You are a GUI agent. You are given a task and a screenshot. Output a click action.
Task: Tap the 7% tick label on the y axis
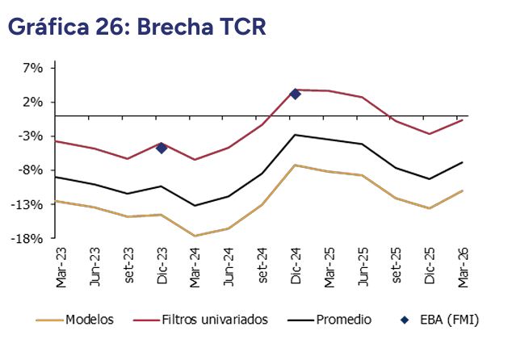(32, 68)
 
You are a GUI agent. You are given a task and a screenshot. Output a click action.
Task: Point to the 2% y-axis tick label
(32, 102)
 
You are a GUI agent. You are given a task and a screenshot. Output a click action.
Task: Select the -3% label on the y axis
(31, 136)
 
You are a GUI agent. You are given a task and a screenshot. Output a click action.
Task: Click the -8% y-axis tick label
(31, 170)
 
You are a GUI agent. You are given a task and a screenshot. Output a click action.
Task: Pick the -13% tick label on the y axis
(29, 204)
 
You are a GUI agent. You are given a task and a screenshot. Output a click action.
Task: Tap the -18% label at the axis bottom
(29, 238)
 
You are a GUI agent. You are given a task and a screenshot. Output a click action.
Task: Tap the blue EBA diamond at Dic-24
(295, 94)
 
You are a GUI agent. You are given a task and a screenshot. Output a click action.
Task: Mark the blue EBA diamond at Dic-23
(162, 148)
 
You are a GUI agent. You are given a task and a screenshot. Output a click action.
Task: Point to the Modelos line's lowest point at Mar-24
(195, 236)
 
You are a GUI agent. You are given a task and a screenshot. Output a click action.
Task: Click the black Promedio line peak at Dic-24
(295, 135)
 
